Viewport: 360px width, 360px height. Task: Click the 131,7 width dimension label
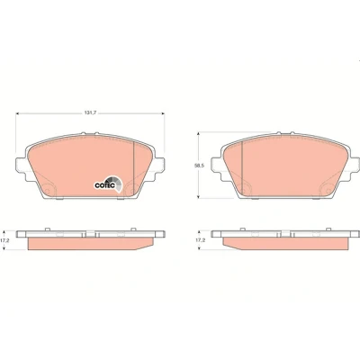[89, 113]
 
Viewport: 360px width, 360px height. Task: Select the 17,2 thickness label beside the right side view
[199, 240]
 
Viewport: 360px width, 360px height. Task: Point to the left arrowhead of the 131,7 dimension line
[17, 113]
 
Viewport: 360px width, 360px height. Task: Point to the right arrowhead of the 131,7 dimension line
[163, 113]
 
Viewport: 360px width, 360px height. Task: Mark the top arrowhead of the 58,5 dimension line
[198, 134]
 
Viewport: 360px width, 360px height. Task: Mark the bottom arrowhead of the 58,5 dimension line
[198, 196]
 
